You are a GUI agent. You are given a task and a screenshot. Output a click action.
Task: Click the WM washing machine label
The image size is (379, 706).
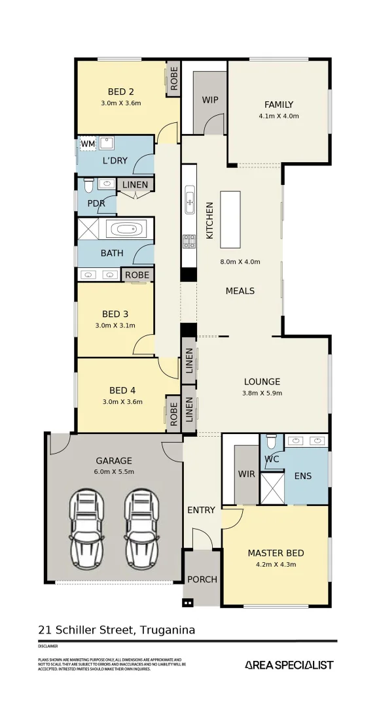tap(88, 144)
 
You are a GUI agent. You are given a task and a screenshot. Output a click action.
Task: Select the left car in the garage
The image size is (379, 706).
tap(86, 520)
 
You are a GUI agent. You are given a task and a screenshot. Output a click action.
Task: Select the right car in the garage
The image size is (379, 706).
tap(141, 520)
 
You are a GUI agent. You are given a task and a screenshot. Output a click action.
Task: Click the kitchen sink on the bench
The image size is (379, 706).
tap(189, 199)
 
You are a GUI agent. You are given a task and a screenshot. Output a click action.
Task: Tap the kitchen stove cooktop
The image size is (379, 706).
tap(189, 241)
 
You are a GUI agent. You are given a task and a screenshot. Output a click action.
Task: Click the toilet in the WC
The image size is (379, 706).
tap(272, 442)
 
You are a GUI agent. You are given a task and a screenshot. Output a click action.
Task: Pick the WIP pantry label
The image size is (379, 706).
tap(209, 100)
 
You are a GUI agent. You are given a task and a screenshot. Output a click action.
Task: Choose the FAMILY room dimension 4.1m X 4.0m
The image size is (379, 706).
tap(278, 116)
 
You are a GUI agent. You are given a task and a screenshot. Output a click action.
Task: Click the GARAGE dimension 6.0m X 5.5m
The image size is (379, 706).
tap(115, 471)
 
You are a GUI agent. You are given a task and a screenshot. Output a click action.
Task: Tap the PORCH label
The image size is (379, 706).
tap(202, 579)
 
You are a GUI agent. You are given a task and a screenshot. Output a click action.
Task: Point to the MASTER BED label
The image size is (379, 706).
tap(275, 553)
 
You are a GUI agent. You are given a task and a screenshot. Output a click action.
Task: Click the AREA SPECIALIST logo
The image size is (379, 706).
tap(289, 665)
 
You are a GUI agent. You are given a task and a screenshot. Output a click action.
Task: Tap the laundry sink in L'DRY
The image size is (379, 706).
tap(108, 143)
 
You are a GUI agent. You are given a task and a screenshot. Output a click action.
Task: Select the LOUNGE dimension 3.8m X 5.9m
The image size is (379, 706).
tap(262, 394)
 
